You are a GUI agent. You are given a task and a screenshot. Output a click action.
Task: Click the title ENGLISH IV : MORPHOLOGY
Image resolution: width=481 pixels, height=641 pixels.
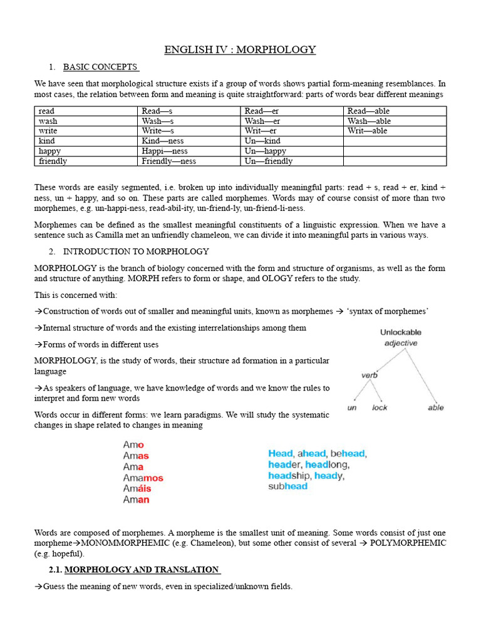click(x=240, y=49)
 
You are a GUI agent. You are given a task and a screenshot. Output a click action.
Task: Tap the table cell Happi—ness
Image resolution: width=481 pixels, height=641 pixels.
click(x=165, y=151)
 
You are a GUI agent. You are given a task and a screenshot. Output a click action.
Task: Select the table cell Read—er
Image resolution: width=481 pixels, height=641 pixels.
click(x=262, y=111)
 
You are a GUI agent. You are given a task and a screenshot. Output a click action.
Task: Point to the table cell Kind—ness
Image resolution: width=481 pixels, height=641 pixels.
click(x=163, y=141)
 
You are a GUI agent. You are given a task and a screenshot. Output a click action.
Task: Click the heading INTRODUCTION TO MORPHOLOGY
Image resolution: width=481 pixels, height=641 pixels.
click(x=136, y=251)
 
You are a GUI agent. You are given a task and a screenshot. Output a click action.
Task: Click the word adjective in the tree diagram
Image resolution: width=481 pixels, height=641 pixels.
click(x=401, y=343)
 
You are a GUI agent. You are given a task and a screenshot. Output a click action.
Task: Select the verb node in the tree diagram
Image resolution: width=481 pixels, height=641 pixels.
click(x=370, y=376)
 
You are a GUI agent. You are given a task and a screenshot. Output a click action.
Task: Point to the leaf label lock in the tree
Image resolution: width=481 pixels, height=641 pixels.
click(x=380, y=408)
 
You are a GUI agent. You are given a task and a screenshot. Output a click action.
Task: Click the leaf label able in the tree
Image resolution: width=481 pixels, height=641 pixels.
click(x=436, y=408)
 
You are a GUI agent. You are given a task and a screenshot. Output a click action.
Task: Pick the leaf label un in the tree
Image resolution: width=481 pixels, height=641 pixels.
click(x=352, y=408)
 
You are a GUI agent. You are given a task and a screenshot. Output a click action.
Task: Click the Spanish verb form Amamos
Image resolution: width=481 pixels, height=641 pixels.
click(x=143, y=478)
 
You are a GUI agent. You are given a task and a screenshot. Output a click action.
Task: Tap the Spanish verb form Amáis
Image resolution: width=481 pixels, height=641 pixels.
click(x=137, y=489)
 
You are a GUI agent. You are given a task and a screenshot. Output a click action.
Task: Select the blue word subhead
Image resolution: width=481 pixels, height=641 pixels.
click(x=288, y=486)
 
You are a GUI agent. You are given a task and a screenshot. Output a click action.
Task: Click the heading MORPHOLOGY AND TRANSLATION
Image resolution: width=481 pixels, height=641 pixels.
click(x=142, y=570)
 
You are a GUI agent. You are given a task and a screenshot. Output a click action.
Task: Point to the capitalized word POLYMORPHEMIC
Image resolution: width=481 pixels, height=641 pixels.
click(x=408, y=543)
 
